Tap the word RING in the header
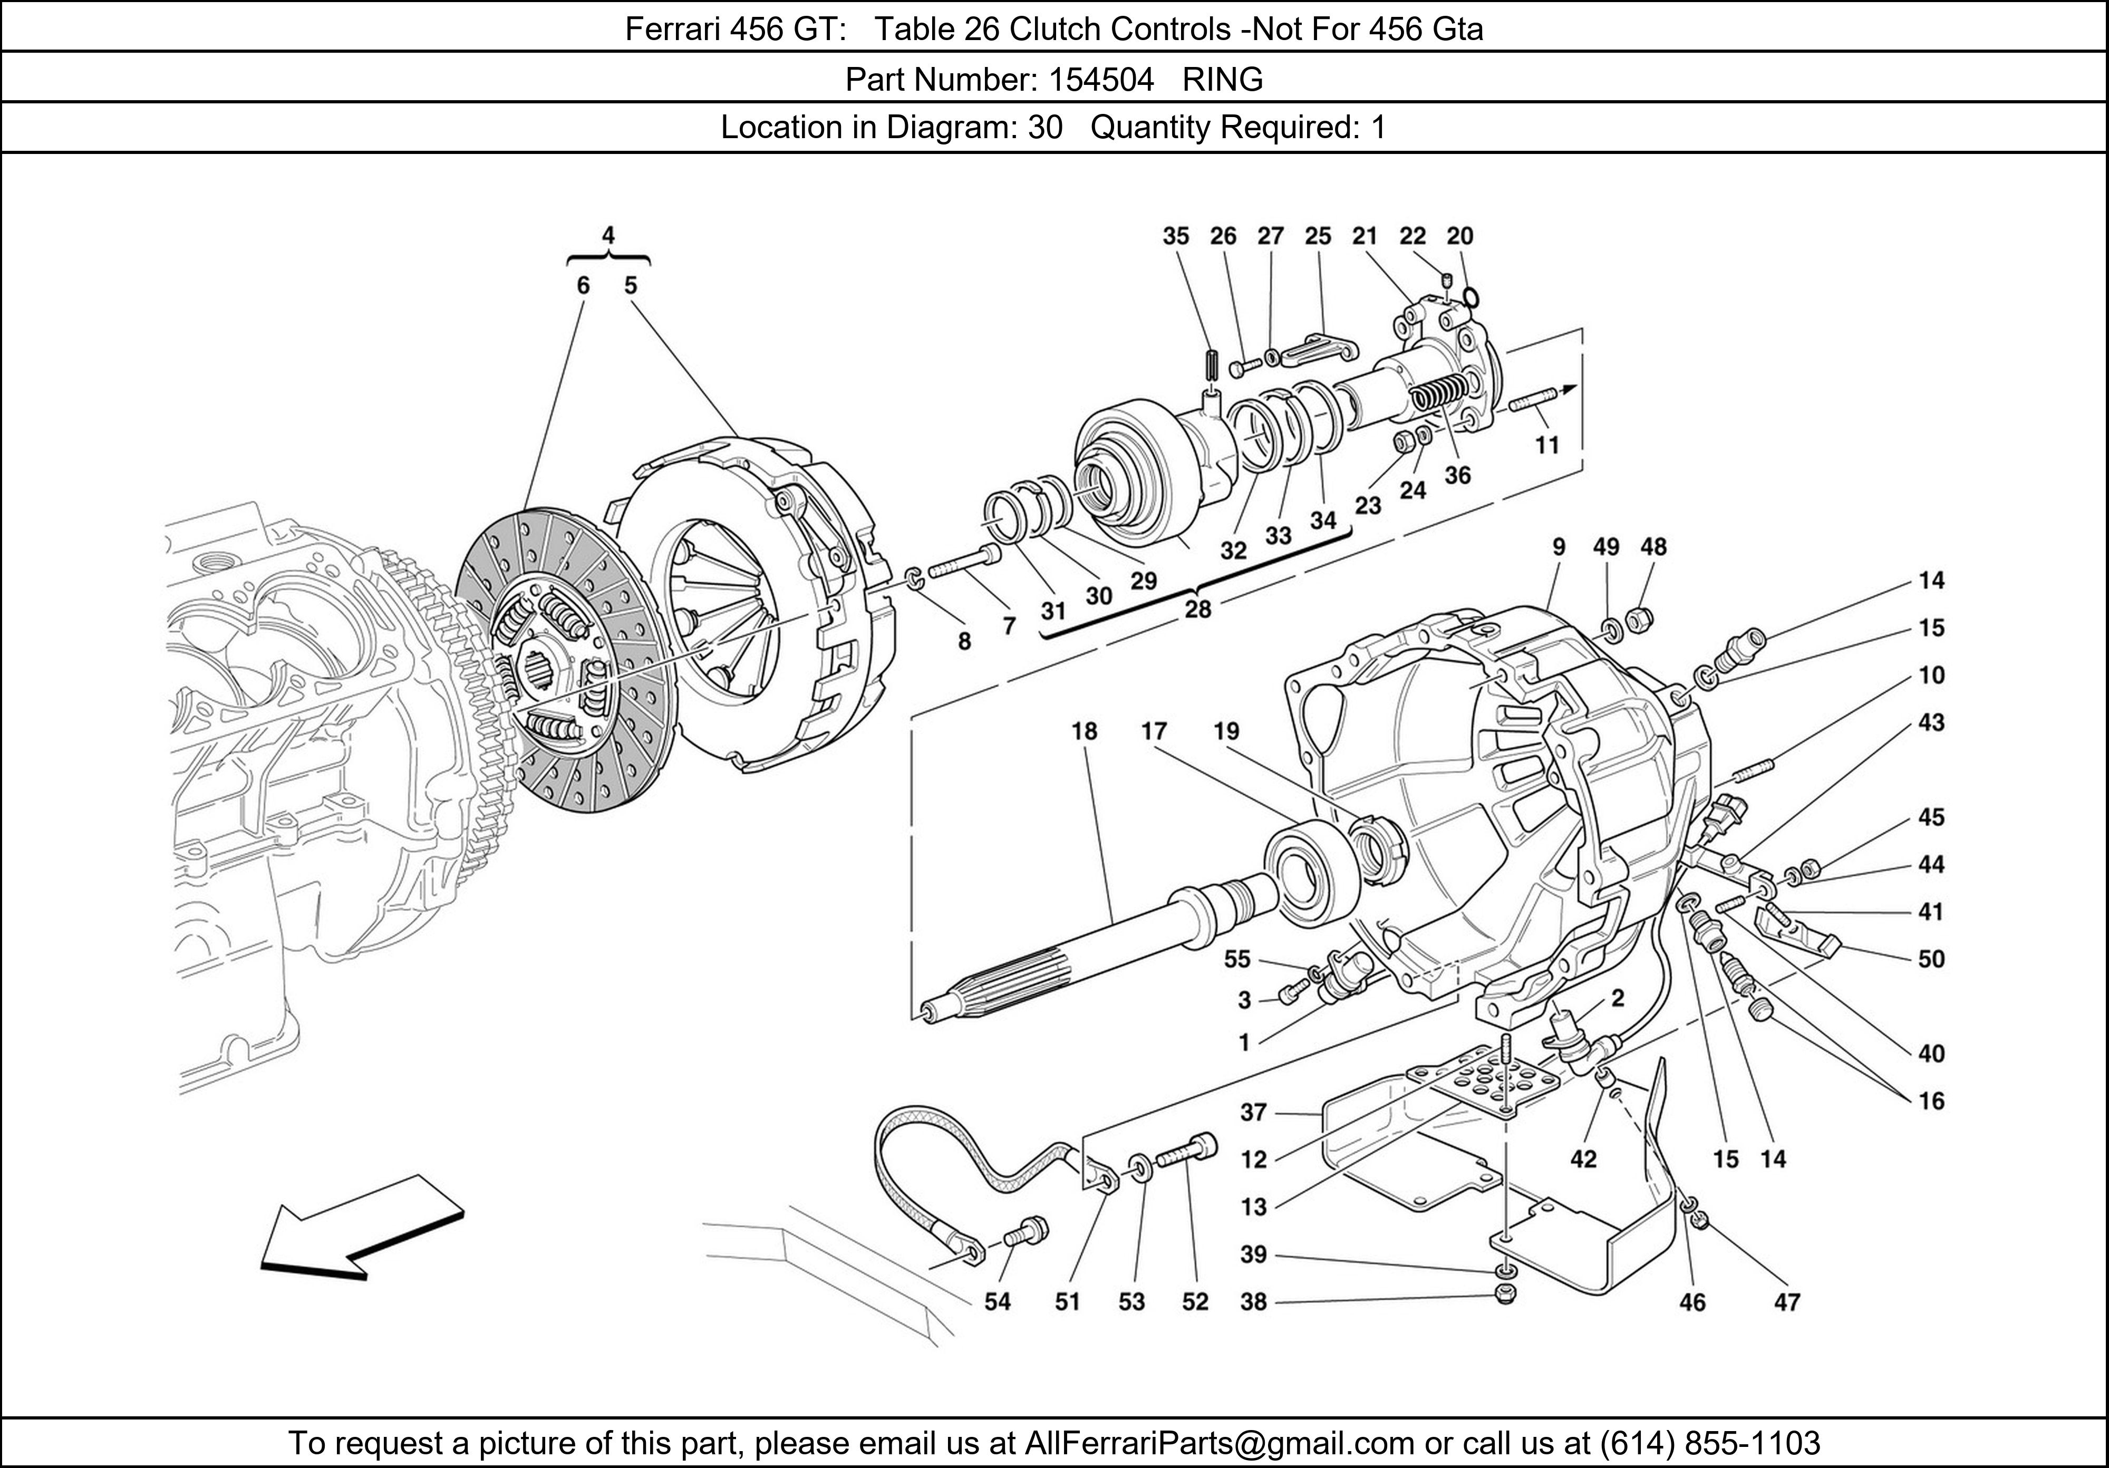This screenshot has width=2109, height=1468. tap(1223, 81)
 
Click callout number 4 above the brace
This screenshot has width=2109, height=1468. tap(608, 235)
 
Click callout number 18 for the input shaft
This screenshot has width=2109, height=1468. tap(1084, 731)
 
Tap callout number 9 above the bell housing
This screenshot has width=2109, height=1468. tap(1559, 547)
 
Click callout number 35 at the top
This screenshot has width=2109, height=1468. tap(1176, 236)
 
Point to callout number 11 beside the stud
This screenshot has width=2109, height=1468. tap(1548, 446)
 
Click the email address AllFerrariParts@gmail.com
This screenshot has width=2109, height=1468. tap(1219, 1443)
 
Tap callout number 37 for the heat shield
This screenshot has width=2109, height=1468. tap(1254, 1113)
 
